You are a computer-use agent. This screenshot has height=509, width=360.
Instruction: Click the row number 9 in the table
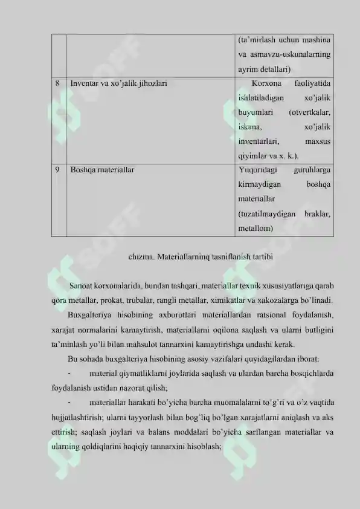coord(57,170)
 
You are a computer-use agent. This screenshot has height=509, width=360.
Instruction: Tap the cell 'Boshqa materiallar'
coord(102,170)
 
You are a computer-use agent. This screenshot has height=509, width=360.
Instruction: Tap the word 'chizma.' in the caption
coord(141,256)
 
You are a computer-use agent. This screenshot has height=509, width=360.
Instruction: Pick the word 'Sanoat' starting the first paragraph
coord(82,285)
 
